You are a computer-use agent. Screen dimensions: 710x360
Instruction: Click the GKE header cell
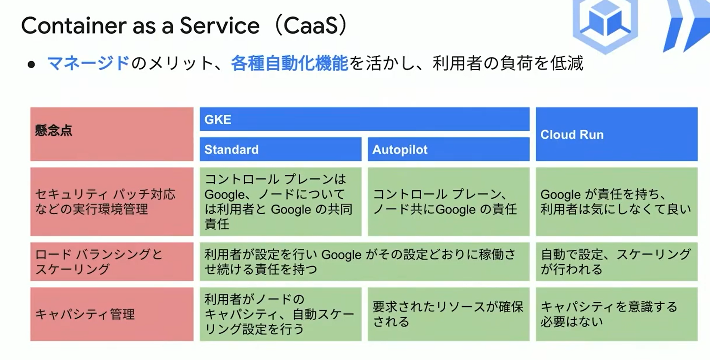[364, 119]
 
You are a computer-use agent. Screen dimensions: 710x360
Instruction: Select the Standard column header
[280, 149]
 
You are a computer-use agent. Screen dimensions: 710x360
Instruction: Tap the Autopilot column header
[449, 149]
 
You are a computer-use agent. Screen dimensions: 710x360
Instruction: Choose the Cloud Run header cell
[617, 134]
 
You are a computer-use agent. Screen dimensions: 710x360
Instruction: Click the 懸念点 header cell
[112, 134]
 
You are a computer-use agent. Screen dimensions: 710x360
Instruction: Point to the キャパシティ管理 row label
[112, 314]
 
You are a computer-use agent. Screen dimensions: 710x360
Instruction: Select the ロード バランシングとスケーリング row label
[112, 261]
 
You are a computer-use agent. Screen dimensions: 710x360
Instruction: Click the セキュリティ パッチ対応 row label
[112, 202]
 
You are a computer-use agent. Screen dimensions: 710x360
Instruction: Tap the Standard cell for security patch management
[280, 202]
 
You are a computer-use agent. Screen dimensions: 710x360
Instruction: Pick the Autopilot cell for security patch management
[449, 202]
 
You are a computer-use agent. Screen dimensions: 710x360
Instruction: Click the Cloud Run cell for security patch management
[617, 202]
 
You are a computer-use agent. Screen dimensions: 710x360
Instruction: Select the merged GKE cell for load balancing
[364, 261]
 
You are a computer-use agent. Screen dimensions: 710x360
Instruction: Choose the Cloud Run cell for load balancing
[617, 261]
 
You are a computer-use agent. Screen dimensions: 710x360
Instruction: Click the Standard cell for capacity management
[280, 314]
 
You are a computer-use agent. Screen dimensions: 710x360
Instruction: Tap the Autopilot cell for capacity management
[449, 314]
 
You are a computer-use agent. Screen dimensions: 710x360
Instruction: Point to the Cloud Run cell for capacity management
[617, 314]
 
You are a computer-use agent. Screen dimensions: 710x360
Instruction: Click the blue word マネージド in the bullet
[88, 63]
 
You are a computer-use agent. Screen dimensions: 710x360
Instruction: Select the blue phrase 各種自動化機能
[289, 63]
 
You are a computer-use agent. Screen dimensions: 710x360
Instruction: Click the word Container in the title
[74, 26]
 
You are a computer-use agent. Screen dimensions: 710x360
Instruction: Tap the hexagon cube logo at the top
[605, 24]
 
